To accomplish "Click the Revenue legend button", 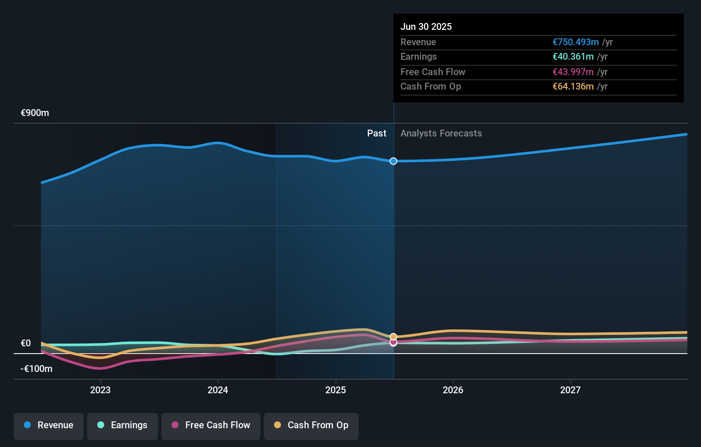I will [49, 425].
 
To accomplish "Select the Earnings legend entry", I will [123, 425].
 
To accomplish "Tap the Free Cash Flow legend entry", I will [211, 425].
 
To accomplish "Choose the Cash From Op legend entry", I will [311, 425].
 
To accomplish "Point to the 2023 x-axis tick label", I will [100, 390].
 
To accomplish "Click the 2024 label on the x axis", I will [218, 390].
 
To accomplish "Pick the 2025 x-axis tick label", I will [336, 390].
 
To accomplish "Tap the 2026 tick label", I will [453, 390].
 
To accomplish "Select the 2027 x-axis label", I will [570, 390].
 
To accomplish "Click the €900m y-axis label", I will [35, 113].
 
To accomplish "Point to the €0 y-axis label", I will [26, 343].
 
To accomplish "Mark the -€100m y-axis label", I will [36, 369].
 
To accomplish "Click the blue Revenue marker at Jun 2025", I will [393, 161].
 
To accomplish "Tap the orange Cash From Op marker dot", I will [393, 337].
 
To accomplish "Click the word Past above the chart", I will [377, 134].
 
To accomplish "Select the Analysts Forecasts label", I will [441, 134].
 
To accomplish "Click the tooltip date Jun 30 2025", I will [426, 26].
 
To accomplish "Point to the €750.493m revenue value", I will [575, 42].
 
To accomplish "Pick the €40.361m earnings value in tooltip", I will [573, 57].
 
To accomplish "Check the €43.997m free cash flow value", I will [573, 72].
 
